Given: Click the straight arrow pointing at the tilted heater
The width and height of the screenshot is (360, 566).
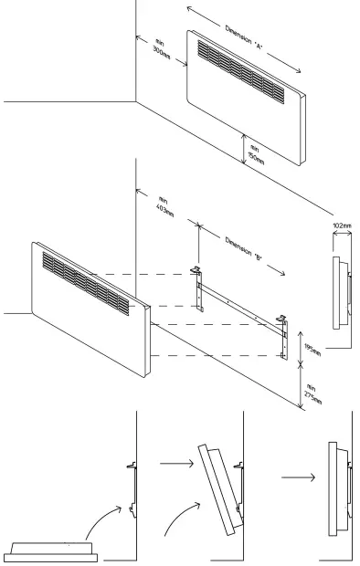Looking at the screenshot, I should tap(175, 465).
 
